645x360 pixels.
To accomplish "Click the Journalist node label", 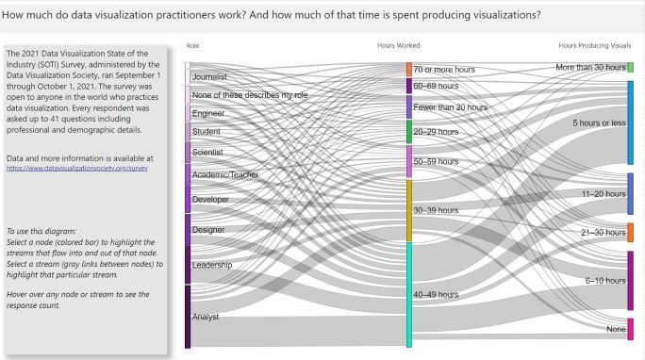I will point(209,76).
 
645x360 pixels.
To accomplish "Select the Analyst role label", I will point(206,317).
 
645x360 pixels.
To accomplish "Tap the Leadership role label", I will point(212,265).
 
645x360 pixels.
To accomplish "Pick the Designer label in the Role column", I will point(208,229).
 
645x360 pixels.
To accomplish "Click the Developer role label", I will point(210,199).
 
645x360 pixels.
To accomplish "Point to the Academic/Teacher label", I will point(224,174).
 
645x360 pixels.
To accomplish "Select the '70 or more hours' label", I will point(444,70).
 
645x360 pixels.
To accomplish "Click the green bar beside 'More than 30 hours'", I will point(630,67).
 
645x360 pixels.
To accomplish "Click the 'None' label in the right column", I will point(616,329).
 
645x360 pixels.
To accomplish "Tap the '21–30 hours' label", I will point(604,231).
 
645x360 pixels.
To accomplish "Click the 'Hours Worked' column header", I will point(398,45).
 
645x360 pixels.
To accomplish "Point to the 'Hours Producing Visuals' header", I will point(594,45).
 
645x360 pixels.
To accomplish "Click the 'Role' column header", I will point(193,45).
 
